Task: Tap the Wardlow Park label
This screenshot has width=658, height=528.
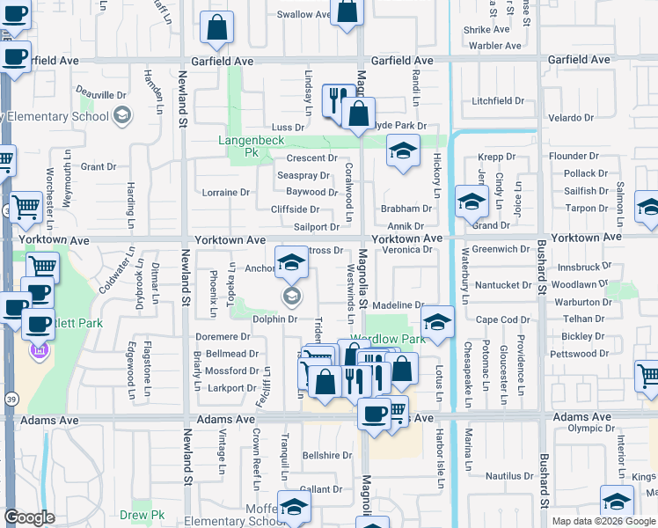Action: tap(387, 340)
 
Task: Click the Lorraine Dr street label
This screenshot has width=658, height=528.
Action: tap(226, 192)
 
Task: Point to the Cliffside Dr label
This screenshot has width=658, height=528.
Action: tap(295, 209)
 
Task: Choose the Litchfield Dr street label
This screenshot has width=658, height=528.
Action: tap(498, 101)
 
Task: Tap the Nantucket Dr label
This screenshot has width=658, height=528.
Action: tap(503, 285)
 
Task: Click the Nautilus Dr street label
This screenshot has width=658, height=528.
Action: tap(509, 476)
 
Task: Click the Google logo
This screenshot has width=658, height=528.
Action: tap(29, 517)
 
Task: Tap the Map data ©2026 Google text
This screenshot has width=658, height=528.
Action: tap(603, 521)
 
